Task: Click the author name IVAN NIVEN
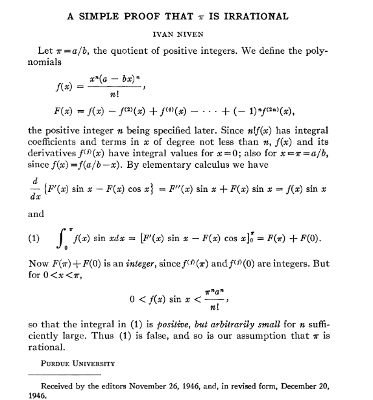187,34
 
